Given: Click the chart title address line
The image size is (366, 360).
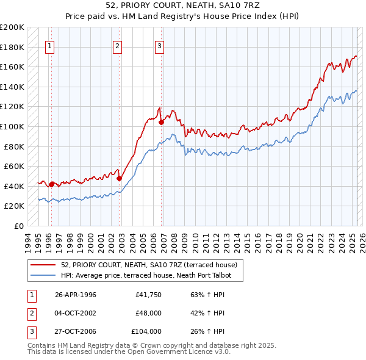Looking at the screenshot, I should point(183,5).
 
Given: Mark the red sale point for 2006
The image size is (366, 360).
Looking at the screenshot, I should point(162,123).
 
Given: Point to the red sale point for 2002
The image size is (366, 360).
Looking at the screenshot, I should point(120,178).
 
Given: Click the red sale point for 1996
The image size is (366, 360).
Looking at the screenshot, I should point(51,184).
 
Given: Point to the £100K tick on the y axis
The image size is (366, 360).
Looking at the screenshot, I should point(13,126).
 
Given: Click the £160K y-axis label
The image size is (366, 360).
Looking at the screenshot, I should point(13,67).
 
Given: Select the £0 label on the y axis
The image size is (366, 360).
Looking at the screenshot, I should point(18,226).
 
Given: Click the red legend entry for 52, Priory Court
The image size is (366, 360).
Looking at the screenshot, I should point(152,265).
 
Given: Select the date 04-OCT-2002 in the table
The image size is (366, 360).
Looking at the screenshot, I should point(75,313).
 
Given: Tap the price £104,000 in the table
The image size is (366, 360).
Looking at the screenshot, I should point(146,331).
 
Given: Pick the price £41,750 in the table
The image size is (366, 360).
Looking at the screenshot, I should point(148,295).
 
